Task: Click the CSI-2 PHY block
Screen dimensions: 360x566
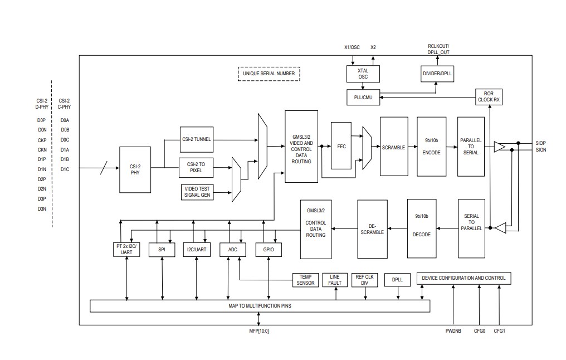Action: point(135,169)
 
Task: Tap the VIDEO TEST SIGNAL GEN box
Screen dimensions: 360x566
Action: point(197,193)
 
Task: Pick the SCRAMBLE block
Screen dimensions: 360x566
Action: point(393,147)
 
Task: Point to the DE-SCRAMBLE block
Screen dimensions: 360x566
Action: point(372,230)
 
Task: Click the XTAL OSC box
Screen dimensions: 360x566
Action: point(363,74)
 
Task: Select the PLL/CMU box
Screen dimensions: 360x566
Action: point(363,98)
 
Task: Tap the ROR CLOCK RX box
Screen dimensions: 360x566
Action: point(489,97)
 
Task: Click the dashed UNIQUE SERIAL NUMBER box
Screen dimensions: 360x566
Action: point(269,73)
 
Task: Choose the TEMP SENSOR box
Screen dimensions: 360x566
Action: point(306,280)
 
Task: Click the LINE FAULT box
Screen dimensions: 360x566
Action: point(335,280)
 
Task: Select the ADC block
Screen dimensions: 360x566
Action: point(232,250)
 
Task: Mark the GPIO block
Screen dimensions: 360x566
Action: point(269,250)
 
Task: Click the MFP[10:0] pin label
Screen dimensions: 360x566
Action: point(258,331)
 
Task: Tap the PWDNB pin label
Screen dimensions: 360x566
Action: point(453,331)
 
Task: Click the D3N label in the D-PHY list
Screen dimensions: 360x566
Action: point(42,209)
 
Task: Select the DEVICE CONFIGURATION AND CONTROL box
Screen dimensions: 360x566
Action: point(463,278)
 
